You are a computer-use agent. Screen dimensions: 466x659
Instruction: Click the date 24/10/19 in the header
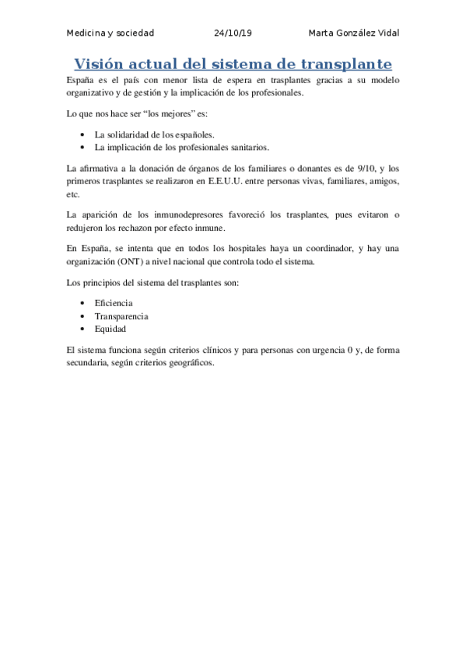tap(233, 33)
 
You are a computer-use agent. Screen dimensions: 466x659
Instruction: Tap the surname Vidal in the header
tap(387, 33)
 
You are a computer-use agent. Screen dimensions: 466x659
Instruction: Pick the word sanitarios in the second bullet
tap(247, 146)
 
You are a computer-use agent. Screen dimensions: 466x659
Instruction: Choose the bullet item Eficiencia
tap(114, 303)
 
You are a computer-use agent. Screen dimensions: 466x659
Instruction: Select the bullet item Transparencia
tap(121, 316)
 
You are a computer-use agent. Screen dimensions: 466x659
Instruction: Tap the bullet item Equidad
tap(110, 329)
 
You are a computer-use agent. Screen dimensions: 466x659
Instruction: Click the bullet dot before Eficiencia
tap(82, 303)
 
